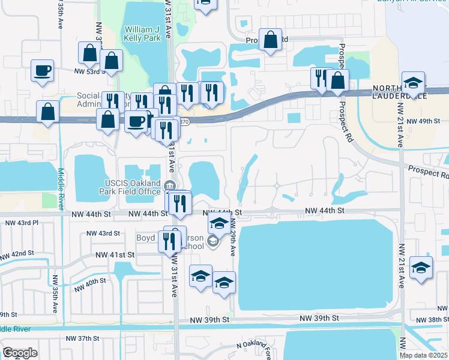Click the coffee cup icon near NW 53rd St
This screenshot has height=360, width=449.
coord(43,71)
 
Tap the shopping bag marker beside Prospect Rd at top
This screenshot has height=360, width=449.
coord(271,41)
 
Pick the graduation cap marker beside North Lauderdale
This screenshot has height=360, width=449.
coord(413,83)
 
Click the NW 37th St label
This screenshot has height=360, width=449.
coord(82,338)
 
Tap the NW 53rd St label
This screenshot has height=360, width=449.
coord(90,71)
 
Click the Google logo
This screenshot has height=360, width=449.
coord(20,353)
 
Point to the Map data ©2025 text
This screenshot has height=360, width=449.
coord(424,355)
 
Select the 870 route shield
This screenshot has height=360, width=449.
coord(185,121)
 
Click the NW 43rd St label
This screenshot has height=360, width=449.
coord(103,233)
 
